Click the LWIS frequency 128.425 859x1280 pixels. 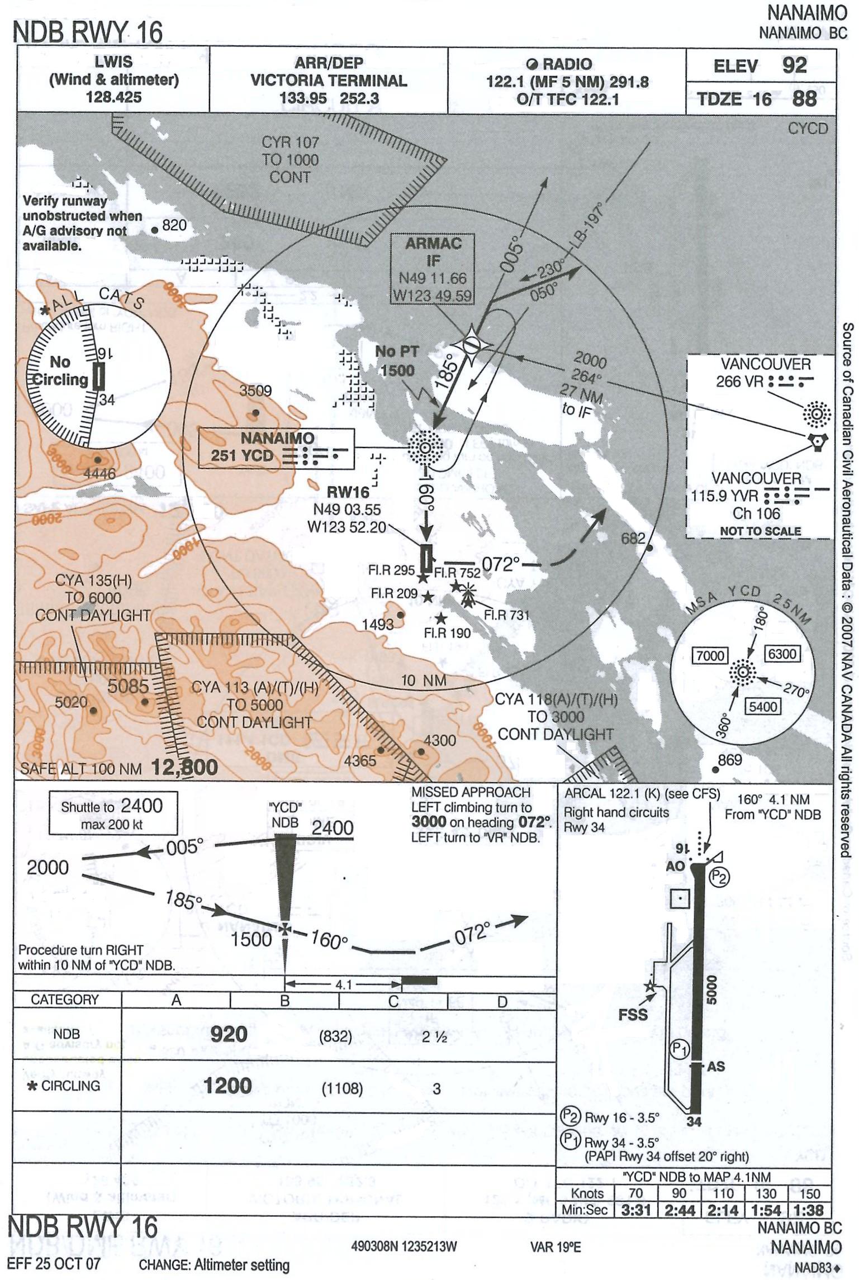point(113,97)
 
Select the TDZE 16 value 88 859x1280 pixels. point(805,99)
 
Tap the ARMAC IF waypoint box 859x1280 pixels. point(433,269)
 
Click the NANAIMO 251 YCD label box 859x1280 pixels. point(277,448)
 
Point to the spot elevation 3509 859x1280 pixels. point(255,391)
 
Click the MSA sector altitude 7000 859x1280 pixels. point(710,655)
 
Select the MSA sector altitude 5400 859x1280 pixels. point(763,706)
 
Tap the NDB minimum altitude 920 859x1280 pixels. point(229,1034)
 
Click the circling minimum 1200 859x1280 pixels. point(227,1086)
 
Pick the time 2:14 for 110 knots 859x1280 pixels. point(723,1210)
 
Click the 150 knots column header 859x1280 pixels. point(809,1193)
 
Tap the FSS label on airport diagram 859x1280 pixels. point(633,1015)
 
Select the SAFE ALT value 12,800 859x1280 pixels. point(184,768)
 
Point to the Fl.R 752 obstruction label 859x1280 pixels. point(457,573)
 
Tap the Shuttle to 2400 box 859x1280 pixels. point(112,813)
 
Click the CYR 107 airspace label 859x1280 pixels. point(290,159)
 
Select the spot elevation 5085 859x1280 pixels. point(128,686)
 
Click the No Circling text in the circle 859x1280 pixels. point(60,371)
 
